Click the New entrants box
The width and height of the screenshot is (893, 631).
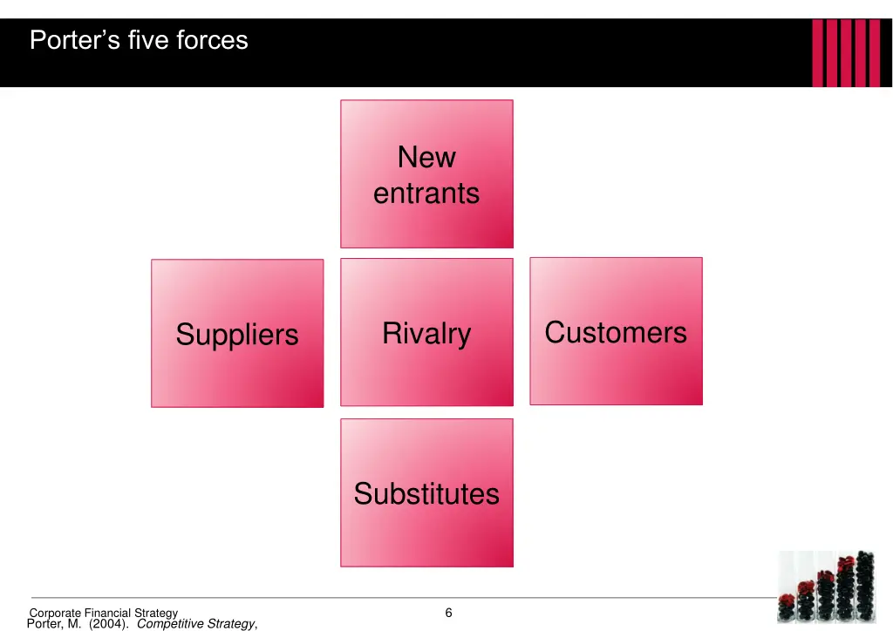tap(426, 173)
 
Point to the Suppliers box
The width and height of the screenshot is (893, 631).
tap(237, 334)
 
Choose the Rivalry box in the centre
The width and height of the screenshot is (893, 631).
tap(426, 332)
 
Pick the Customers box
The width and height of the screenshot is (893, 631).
tap(616, 331)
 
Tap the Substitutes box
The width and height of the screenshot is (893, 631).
tap(426, 493)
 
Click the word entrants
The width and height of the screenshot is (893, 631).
tap(426, 193)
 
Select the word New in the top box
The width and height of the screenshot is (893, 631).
tap(426, 158)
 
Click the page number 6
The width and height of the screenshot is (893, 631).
tap(448, 613)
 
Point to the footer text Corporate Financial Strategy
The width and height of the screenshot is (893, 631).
tap(104, 614)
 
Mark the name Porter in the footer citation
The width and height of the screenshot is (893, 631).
tap(47, 623)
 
